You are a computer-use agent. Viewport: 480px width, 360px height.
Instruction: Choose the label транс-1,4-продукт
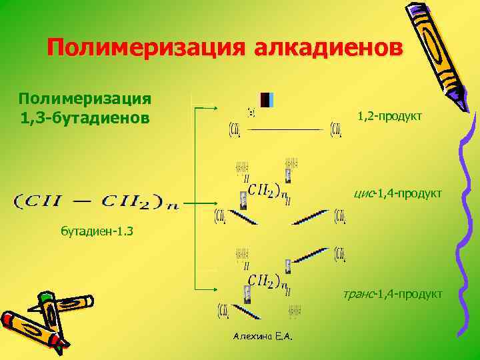click(393, 294)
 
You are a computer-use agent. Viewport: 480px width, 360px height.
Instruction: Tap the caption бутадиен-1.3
click(97, 232)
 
